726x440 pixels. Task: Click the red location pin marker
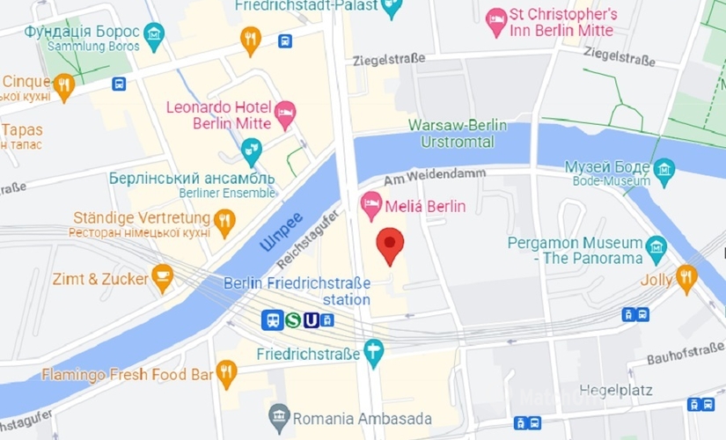391,243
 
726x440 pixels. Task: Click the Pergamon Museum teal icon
656,246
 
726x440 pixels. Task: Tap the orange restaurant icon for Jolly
686,278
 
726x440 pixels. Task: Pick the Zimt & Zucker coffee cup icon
162,278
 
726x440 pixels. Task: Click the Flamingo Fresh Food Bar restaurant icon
227,374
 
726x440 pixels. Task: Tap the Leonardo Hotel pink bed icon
284,113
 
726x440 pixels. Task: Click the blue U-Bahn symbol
311,321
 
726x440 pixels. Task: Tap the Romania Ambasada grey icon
279,416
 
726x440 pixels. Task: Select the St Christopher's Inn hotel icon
496,21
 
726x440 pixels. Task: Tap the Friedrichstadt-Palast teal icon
392,7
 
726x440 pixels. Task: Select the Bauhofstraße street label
685,355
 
